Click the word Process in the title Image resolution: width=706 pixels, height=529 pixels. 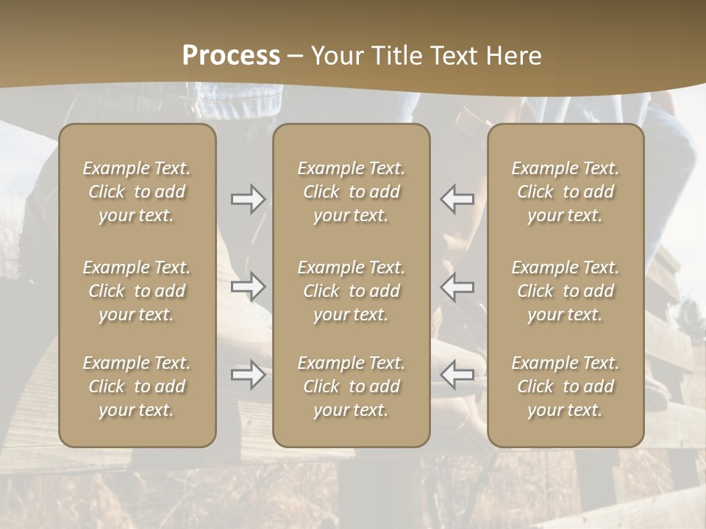pos(231,56)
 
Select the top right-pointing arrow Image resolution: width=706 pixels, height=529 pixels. pos(249,199)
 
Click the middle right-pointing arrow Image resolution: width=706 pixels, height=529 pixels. pos(249,286)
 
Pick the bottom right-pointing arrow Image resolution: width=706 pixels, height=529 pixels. pos(249,375)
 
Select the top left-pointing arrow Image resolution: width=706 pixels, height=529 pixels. pos(457,199)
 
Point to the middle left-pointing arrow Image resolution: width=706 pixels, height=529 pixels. pos(457,286)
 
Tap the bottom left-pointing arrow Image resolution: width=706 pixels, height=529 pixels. pos(457,375)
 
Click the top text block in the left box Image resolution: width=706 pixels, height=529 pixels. pos(137,192)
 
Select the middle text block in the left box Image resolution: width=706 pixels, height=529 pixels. pos(137,291)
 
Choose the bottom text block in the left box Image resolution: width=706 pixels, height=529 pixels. pos(137,386)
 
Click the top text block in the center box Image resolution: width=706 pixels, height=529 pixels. pos(351,192)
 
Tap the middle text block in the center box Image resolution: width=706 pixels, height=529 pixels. pos(351,291)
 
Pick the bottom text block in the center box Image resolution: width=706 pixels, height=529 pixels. pos(351,386)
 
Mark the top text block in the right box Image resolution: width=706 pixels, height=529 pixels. pos(566,192)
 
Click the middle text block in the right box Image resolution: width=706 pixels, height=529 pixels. pos(566,291)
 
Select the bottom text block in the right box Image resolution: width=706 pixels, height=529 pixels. pos(566,386)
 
